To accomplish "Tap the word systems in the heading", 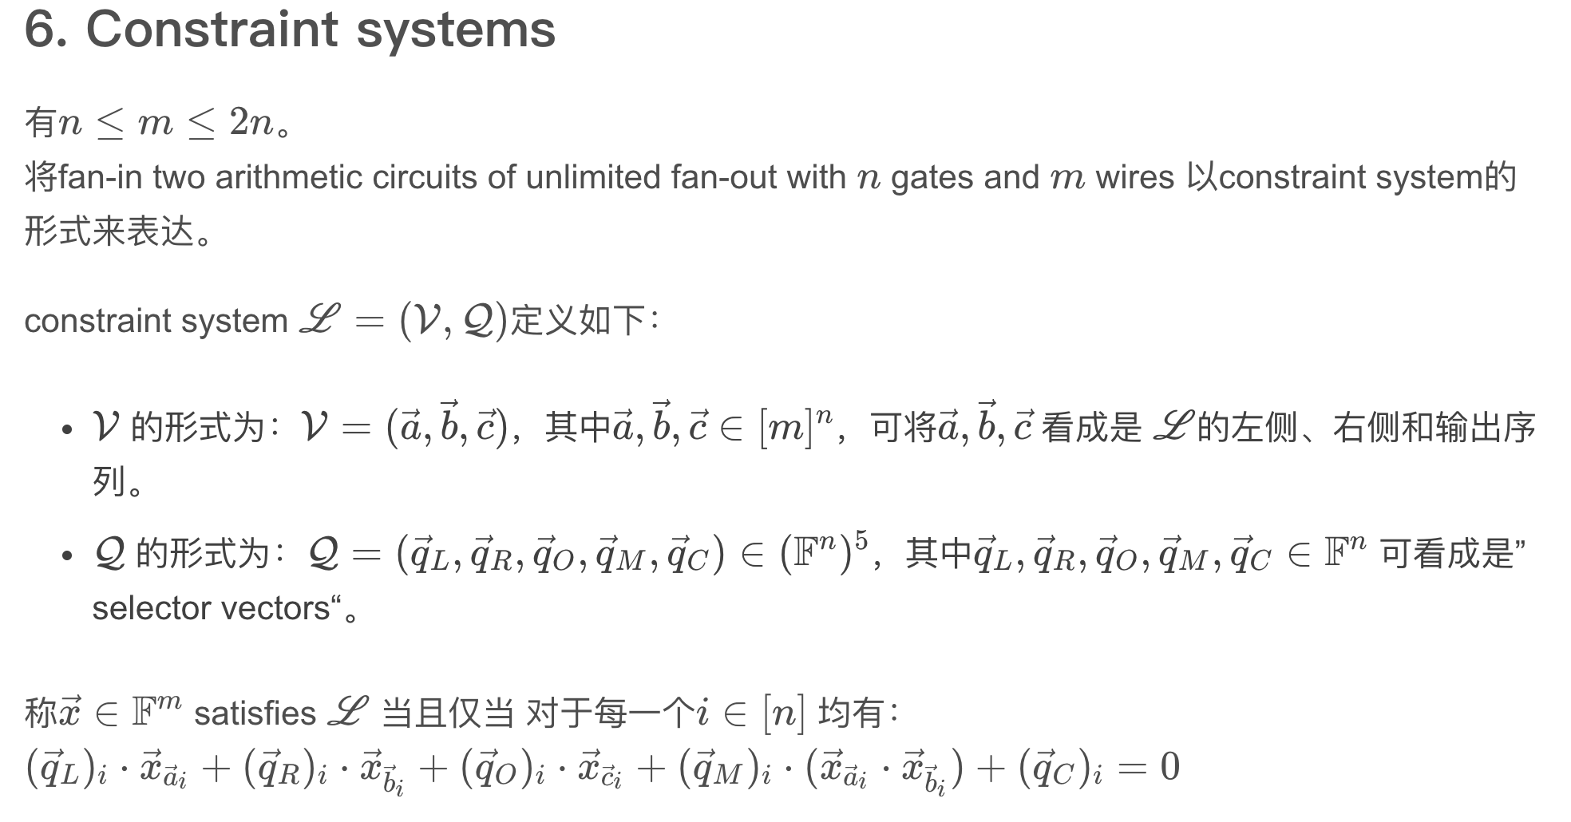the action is pyautogui.click(x=455, y=30).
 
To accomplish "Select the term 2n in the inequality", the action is pyautogui.click(x=251, y=122).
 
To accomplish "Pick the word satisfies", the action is pyautogui.click(x=255, y=713).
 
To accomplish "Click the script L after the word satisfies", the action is pyautogui.click(x=348, y=711).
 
